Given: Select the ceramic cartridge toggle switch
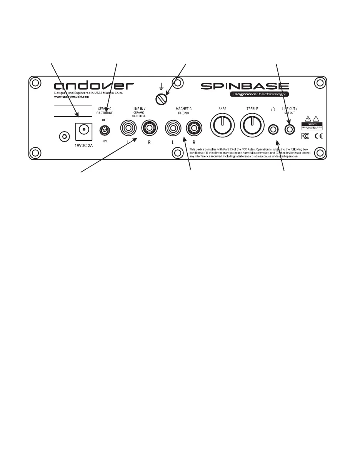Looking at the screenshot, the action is pos(104,130).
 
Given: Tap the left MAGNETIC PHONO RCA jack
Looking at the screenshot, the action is pos(172,128).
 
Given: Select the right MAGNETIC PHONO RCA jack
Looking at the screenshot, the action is pos(193,128).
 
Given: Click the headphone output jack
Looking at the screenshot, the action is pos(273,130).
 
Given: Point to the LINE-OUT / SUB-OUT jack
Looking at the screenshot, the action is pos(290,130).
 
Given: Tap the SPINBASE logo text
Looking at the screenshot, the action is pos(245,85).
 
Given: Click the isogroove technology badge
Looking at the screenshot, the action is pos(258,94).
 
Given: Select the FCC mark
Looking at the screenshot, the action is pos(305,135).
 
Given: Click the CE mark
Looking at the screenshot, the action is pos(319,135).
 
